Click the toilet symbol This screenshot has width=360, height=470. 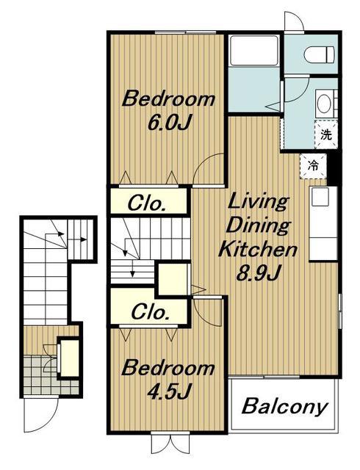[318, 54]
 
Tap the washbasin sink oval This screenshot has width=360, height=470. [324, 104]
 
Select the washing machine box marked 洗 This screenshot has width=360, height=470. [326, 134]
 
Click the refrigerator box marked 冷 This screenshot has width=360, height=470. [314, 166]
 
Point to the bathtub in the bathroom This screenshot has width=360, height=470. [253, 51]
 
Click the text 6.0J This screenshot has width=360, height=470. [170, 122]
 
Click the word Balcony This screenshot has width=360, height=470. [284, 407]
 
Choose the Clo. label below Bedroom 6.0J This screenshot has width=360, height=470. [147, 204]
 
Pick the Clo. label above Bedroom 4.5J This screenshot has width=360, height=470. [149, 312]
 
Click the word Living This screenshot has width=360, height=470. [259, 203]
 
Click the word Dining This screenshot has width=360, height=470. [258, 225]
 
